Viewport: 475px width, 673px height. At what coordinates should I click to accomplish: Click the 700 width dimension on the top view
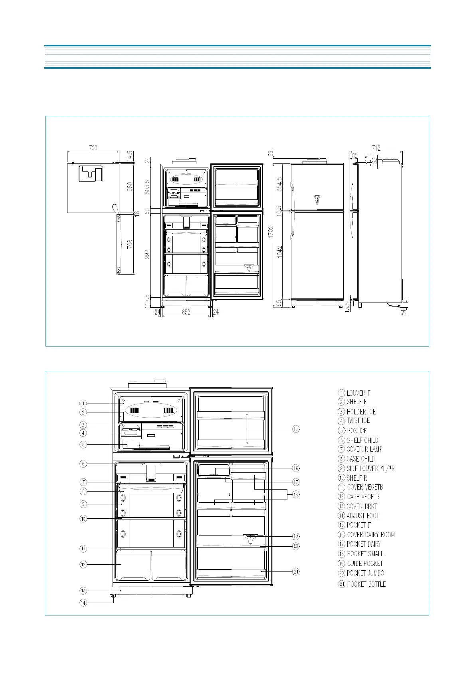pyautogui.click(x=93, y=148)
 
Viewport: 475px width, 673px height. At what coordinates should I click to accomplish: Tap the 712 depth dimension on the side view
pyautogui.click(x=376, y=148)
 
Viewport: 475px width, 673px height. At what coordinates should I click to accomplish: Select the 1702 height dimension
pyautogui.click(x=271, y=231)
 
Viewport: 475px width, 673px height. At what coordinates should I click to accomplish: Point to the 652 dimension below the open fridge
pyautogui.click(x=186, y=312)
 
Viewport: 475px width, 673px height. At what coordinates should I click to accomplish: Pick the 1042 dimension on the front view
pyautogui.click(x=280, y=252)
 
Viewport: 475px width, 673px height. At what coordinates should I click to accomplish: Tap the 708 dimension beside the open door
pyautogui.click(x=130, y=244)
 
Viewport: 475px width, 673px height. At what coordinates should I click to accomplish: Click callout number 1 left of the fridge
pyautogui.click(x=83, y=403)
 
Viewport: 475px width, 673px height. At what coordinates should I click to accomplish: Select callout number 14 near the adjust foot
pyautogui.click(x=83, y=603)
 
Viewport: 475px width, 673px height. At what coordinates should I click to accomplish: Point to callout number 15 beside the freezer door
pyautogui.click(x=296, y=429)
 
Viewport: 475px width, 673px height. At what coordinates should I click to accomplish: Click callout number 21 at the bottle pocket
pyautogui.click(x=296, y=571)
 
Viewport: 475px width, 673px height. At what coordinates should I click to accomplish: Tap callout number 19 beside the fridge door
pyautogui.click(x=296, y=536)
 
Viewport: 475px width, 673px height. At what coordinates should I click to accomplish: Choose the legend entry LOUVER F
pyautogui.click(x=358, y=393)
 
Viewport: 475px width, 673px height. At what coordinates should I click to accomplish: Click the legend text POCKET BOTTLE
pyautogui.click(x=366, y=584)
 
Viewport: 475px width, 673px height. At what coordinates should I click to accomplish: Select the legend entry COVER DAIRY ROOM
pyautogui.click(x=370, y=535)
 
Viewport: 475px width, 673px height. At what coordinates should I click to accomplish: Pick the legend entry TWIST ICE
pyautogui.click(x=358, y=420)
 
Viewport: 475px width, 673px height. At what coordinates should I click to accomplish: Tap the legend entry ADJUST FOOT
pyautogui.click(x=362, y=516)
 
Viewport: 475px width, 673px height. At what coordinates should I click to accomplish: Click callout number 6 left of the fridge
pyautogui.click(x=83, y=464)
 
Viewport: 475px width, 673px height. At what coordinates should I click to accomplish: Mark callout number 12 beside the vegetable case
pyautogui.click(x=83, y=564)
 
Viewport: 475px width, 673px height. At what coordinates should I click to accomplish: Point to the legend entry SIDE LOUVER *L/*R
pyautogui.click(x=370, y=468)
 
